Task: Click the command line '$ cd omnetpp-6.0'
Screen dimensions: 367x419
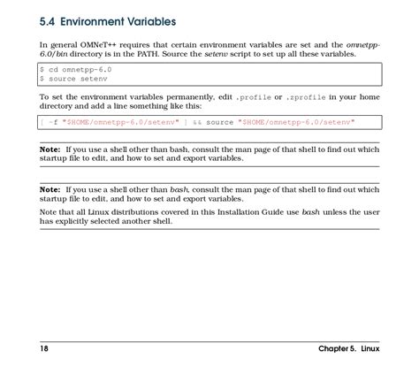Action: [x=76, y=68]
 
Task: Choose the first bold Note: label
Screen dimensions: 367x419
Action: [x=50, y=149]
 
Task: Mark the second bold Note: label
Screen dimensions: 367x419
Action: [x=50, y=190]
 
